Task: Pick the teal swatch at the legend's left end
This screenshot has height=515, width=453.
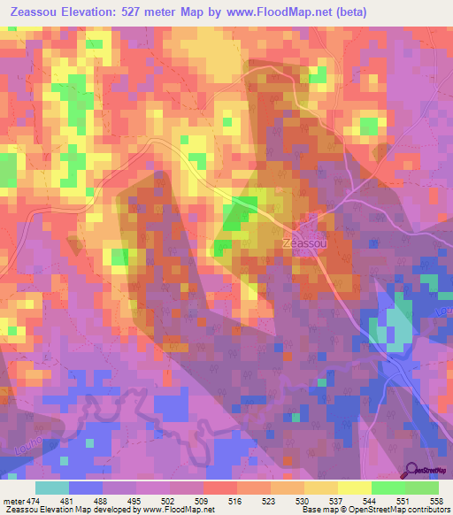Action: click(x=52, y=488)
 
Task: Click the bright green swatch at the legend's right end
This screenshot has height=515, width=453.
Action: click(x=422, y=488)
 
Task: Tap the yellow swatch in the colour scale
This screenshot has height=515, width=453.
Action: click(x=355, y=488)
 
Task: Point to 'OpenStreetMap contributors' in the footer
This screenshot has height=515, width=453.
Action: click(x=407, y=511)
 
